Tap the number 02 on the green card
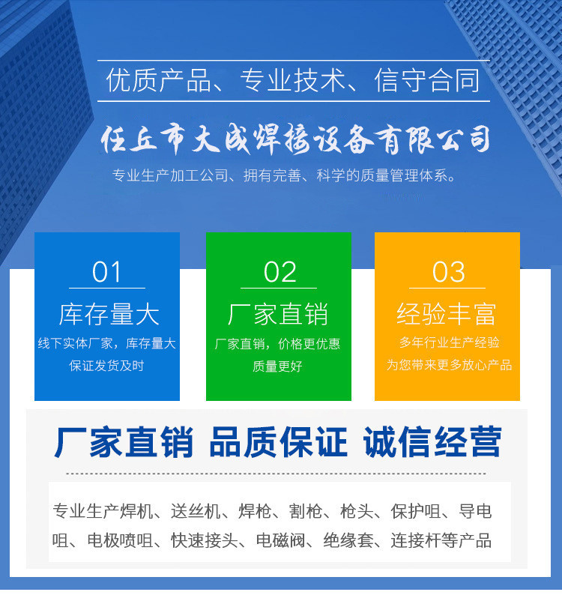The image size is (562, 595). (280, 272)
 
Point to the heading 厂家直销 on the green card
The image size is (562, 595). (278, 314)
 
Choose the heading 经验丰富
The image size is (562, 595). (447, 314)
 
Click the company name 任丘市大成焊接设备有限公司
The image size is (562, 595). (296, 140)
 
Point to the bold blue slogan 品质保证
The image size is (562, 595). (279, 442)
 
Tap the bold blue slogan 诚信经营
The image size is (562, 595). (432, 442)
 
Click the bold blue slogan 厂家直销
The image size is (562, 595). (124, 442)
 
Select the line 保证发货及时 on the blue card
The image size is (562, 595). (106, 366)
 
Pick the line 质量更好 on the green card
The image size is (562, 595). (278, 366)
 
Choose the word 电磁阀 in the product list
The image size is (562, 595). (280, 540)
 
